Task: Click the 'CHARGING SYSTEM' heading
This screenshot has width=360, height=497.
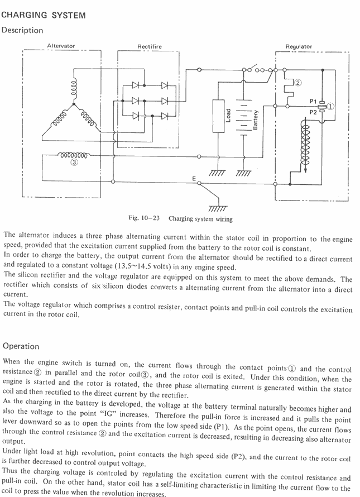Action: click(x=44, y=15)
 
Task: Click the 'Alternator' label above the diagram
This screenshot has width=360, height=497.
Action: click(x=61, y=46)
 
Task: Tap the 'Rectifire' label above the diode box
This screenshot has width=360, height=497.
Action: click(x=149, y=46)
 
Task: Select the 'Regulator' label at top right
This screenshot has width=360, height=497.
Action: click(x=299, y=46)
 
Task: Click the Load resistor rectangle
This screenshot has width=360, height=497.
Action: click(x=219, y=116)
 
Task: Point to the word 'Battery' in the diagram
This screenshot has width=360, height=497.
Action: click(x=255, y=120)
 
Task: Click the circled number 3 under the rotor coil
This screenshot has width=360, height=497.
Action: click(x=74, y=163)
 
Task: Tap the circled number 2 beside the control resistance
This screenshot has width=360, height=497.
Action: click(x=297, y=83)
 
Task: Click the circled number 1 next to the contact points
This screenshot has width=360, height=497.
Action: click(x=330, y=107)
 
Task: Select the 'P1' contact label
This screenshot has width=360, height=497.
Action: click(x=313, y=101)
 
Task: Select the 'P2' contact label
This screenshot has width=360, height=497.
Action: click(x=313, y=112)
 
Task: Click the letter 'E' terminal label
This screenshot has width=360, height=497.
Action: click(x=194, y=179)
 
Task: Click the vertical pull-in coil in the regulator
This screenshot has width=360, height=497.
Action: click(x=305, y=144)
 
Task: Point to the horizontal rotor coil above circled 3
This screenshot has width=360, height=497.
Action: click(x=74, y=155)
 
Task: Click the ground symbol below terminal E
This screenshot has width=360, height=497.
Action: click(x=218, y=208)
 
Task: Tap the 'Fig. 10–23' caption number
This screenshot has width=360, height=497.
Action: click(x=144, y=218)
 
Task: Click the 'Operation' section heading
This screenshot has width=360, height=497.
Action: click(x=21, y=346)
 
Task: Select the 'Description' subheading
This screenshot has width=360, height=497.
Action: click(x=22, y=30)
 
